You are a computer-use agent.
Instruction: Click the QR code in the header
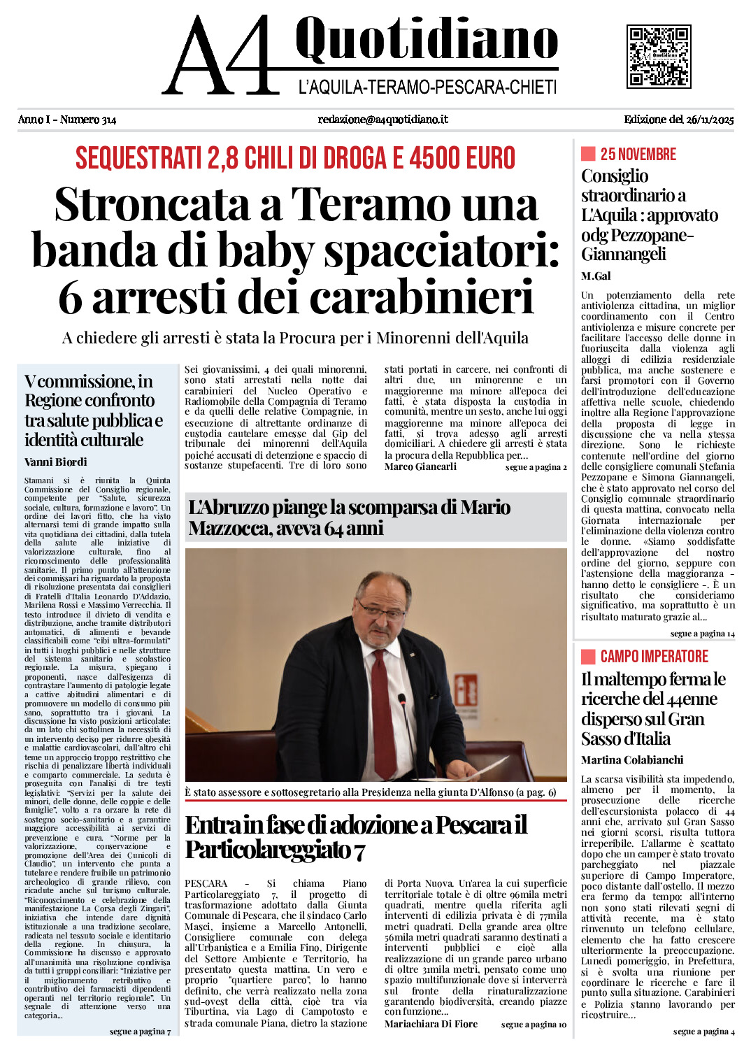coord(659,56)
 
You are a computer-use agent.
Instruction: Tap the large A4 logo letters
coord(224,56)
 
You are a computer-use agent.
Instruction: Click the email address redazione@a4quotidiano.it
coord(383,120)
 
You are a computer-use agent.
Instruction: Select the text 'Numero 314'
coord(88,120)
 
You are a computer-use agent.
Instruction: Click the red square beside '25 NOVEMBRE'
coord(588,154)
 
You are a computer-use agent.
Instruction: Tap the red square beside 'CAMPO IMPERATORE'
coord(588,656)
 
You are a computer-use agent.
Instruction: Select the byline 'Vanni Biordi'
coord(56,462)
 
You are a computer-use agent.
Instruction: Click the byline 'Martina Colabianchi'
coord(632,760)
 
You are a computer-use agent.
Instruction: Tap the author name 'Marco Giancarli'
coord(420,466)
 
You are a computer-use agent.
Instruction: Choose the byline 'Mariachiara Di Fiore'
coord(431,1024)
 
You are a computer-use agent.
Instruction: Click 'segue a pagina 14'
coord(702,634)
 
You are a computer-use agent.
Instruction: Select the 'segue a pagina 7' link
coord(140,1032)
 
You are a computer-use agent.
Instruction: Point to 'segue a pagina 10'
coord(534,1025)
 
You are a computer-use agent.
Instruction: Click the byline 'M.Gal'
coord(596,276)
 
